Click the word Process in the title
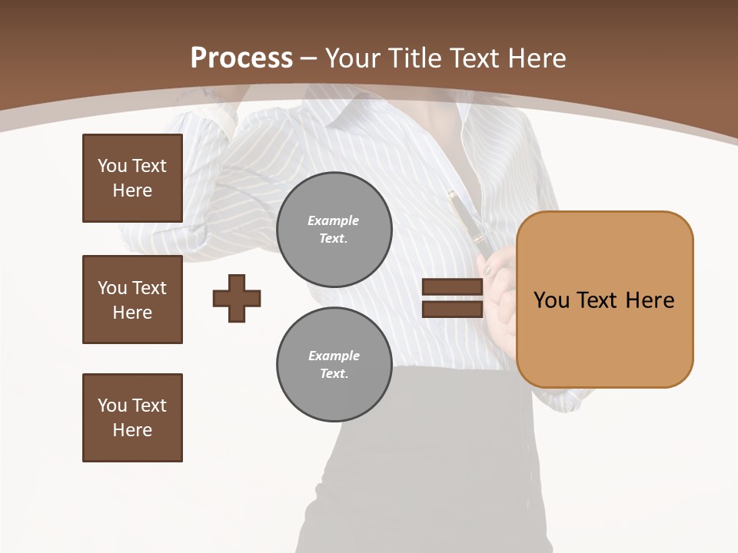click(241, 58)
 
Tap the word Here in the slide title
click(535, 58)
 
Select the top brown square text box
click(132, 178)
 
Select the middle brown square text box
click(132, 300)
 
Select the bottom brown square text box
click(132, 418)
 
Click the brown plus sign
click(237, 298)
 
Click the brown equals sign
click(452, 298)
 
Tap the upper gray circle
click(334, 230)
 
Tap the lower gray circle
click(334, 365)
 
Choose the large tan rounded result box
click(604, 300)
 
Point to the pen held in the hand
click(467, 223)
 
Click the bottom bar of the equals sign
click(452, 309)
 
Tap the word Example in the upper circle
click(334, 220)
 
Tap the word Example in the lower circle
click(334, 356)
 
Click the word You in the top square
click(112, 166)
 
